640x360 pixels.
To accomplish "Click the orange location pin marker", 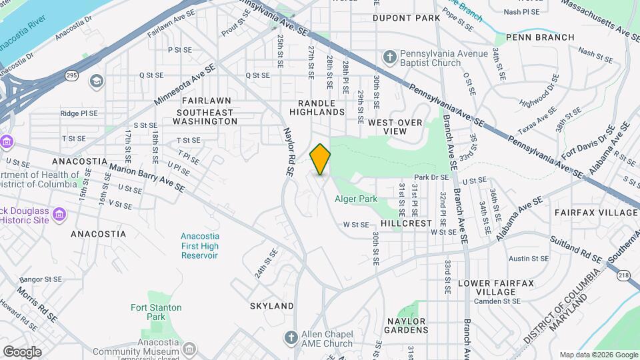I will [321, 159].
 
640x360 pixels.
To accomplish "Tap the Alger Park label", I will [356, 199].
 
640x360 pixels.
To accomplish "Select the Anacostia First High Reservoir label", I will [199, 246].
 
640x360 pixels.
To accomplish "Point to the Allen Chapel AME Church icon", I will [290, 339].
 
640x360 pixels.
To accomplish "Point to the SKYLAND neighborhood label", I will [272, 306].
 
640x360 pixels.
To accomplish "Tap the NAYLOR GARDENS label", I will [407, 325].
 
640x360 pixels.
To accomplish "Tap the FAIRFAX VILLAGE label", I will [596, 213].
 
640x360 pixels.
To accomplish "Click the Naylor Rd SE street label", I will [289, 151].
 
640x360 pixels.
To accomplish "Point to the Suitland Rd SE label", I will [576, 250].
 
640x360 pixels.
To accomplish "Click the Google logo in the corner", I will [22, 351].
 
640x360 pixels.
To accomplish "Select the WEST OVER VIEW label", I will [395, 127].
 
